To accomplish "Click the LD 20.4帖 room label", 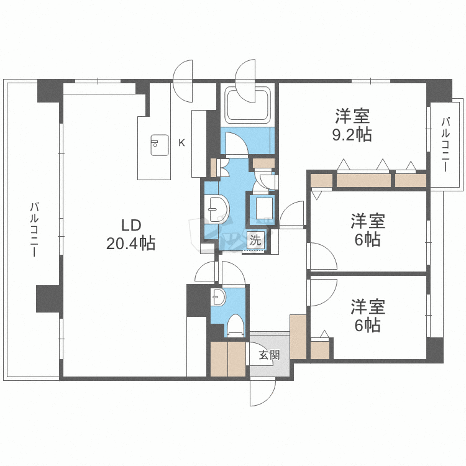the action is pyautogui.click(x=130, y=234).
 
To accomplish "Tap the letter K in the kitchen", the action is pyautogui.click(x=181, y=143).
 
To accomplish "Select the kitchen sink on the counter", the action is pyautogui.click(x=160, y=145).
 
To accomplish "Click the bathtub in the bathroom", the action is pyautogui.click(x=248, y=104).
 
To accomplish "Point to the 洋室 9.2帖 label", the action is pyautogui.click(x=352, y=125).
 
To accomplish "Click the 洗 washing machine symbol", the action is pyautogui.click(x=255, y=240).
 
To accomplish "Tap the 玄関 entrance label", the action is pyautogui.click(x=269, y=354).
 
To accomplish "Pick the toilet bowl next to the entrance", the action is pyautogui.click(x=235, y=326).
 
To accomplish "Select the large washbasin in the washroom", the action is pyautogui.click(x=217, y=209).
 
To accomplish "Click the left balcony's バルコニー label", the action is pyautogui.click(x=34, y=229).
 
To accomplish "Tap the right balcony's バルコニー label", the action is pyautogui.click(x=445, y=144).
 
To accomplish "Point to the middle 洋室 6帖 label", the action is pyautogui.click(x=368, y=229).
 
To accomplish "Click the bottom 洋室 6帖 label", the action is pyautogui.click(x=368, y=315).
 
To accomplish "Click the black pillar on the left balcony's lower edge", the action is pyautogui.click(x=49, y=299).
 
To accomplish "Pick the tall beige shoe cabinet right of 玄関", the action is pyautogui.click(x=298, y=337).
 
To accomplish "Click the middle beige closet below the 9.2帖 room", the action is pyautogui.click(x=363, y=180).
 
